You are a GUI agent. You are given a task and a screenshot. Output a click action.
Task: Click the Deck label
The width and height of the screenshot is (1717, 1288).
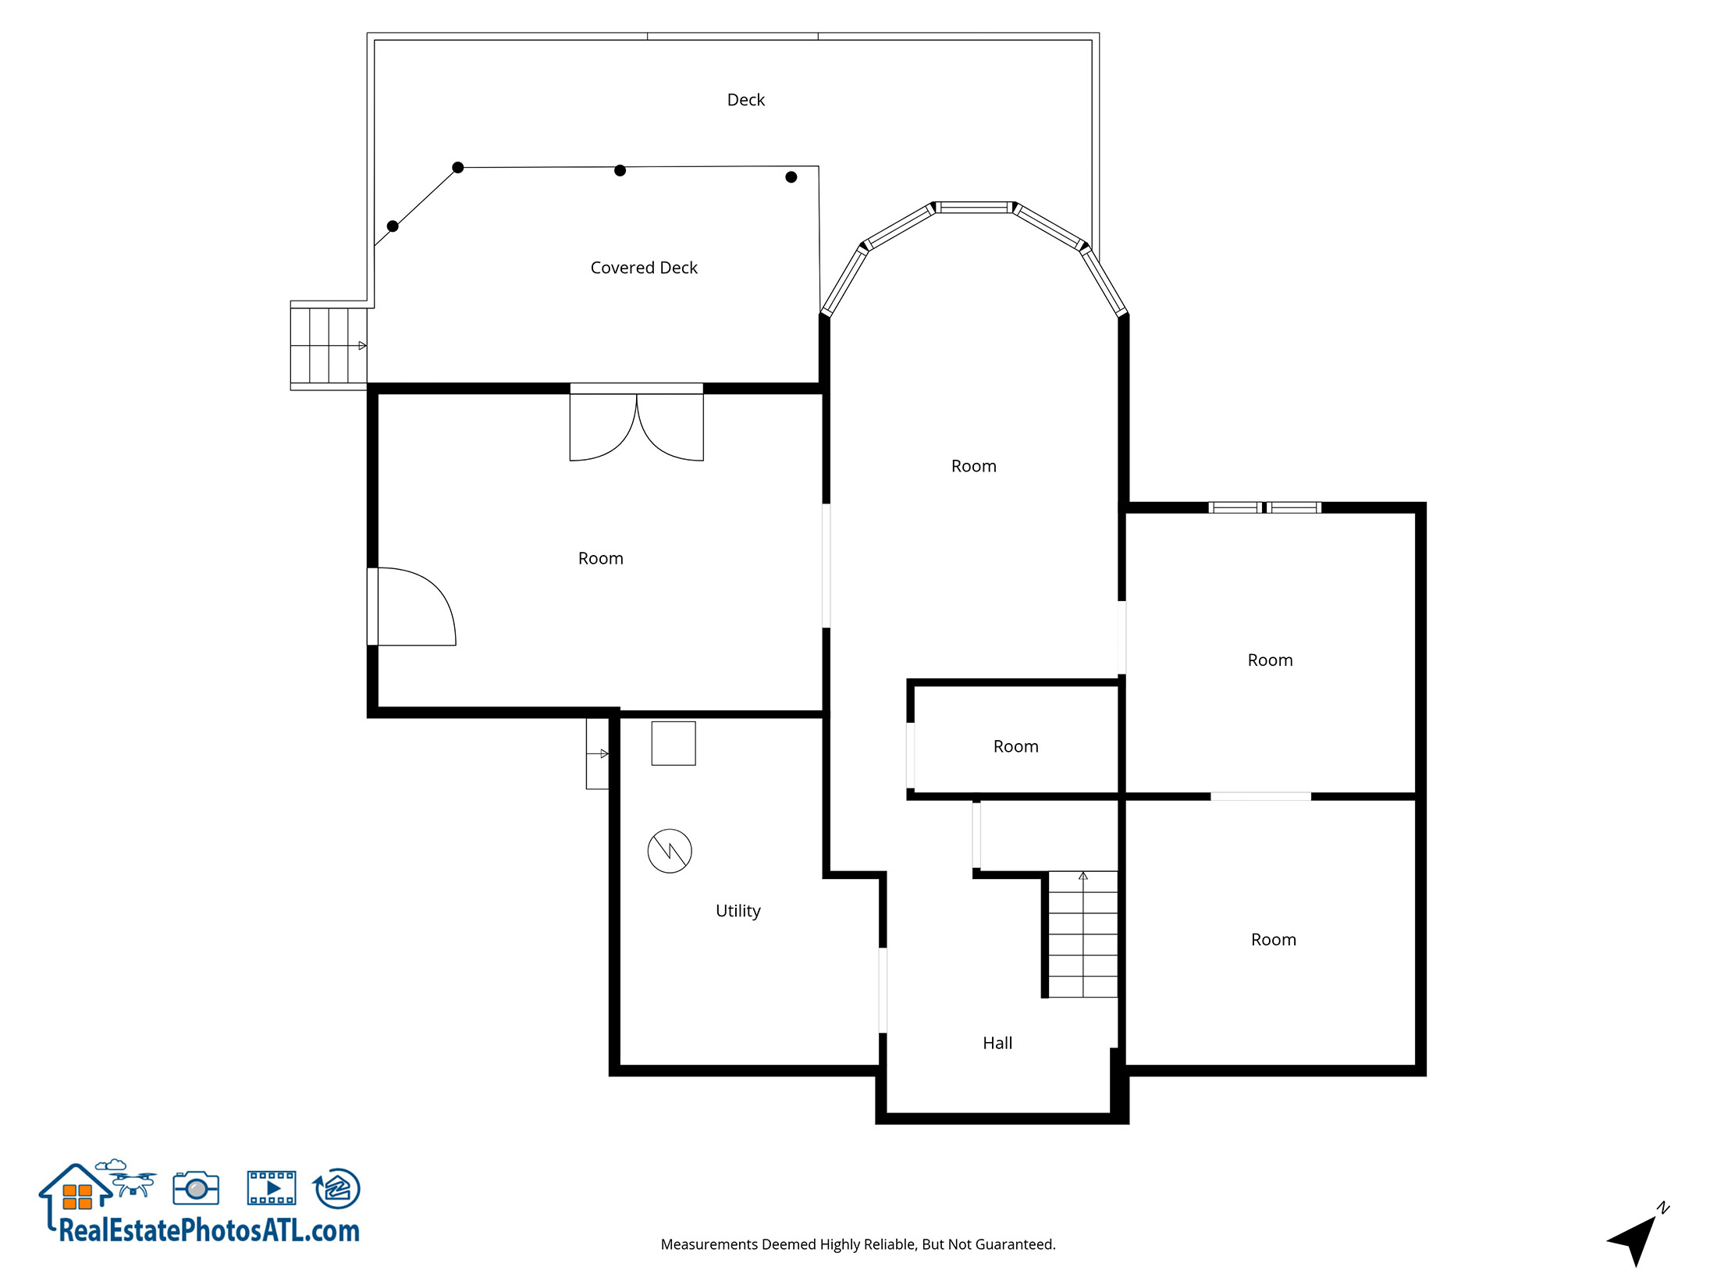[745, 100]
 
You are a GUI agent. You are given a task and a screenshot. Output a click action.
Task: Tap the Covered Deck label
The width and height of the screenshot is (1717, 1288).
[644, 268]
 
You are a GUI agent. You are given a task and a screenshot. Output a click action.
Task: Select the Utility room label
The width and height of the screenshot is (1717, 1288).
[738, 911]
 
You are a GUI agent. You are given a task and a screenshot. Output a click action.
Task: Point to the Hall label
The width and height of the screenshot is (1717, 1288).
[997, 1043]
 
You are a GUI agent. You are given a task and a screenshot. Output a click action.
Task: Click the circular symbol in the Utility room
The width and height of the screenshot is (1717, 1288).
[670, 851]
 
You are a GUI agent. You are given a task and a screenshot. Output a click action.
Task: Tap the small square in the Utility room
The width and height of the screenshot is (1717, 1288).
[674, 743]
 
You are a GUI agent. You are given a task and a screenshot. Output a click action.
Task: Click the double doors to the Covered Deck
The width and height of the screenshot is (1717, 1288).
[636, 425]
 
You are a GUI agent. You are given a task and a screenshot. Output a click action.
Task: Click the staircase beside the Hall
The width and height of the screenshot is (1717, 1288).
[1082, 934]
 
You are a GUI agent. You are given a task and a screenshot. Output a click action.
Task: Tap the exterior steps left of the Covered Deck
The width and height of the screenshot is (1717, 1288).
[329, 345]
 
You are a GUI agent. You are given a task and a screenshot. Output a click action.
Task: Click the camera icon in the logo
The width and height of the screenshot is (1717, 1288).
[196, 1188]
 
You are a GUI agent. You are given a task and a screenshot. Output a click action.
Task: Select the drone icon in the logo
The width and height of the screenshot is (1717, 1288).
[134, 1182]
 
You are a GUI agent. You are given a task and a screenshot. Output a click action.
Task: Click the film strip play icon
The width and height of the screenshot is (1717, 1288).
[272, 1188]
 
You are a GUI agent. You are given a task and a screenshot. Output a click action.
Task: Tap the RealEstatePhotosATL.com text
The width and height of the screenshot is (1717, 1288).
[209, 1231]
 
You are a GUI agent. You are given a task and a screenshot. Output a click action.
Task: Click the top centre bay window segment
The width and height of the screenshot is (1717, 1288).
[974, 208]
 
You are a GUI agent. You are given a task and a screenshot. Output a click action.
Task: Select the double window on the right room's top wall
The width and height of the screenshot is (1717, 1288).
[1264, 507]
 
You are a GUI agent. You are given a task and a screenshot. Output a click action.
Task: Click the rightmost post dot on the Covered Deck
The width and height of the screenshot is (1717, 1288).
[791, 177]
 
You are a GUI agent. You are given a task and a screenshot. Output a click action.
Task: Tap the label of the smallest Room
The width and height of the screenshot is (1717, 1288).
[1015, 746]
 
